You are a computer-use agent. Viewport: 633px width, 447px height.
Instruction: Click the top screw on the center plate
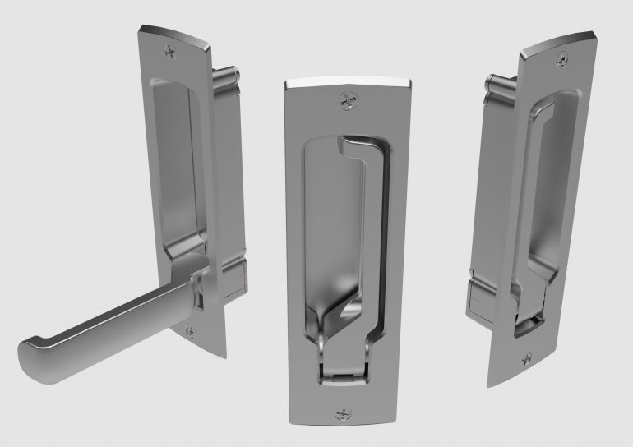click(x=347, y=101)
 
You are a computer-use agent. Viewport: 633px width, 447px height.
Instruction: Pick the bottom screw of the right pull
click(x=526, y=357)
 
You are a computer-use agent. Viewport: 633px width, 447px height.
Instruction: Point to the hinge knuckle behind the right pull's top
click(x=495, y=84)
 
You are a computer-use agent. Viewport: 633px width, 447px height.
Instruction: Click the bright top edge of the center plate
click(x=347, y=83)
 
